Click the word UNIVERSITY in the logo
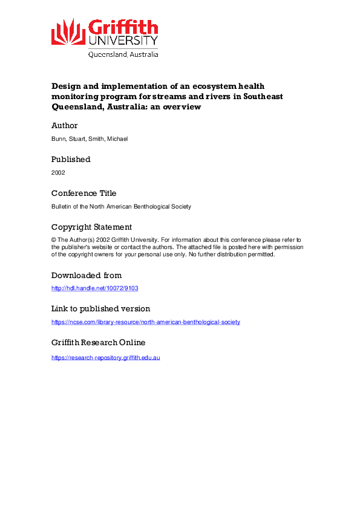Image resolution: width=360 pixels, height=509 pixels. [123, 41]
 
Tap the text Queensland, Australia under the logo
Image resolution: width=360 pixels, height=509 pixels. [123, 54]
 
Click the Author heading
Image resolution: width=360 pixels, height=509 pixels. [65, 126]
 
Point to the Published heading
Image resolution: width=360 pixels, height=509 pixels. [71, 160]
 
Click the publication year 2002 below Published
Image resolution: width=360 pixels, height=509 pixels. [58, 172]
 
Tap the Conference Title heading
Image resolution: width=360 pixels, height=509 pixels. [83, 193]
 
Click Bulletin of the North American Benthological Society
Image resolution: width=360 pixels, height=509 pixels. [121, 206]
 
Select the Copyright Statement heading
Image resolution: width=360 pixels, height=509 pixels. [91, 227]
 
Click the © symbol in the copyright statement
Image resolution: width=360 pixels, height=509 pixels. [54, 240]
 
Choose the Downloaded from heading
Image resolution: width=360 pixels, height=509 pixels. [87, 275]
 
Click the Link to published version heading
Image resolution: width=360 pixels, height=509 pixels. [100, 309]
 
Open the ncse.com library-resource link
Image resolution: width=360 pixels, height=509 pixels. [145, 322]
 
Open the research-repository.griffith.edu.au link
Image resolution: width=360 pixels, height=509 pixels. [105, 358]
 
